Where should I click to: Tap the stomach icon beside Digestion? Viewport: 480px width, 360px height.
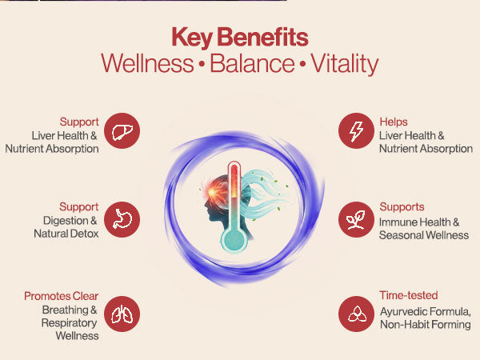coord(122,219)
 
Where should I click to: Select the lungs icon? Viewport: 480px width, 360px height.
coord(122,314)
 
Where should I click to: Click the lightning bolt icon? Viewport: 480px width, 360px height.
coord(356,131)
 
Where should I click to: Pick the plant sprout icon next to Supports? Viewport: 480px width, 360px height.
coord(356,219)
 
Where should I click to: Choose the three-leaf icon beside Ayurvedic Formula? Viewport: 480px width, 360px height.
coord(356,314)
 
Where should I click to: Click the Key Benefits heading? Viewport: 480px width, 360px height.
coord(240,37)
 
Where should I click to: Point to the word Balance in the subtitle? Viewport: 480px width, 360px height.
coord(252,63)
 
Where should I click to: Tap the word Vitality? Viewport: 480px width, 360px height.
coord(345,64)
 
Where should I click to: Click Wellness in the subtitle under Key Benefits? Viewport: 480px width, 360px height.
coord(147,63)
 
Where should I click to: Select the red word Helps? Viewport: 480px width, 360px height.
coord(394,122)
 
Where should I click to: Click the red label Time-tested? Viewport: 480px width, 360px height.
coord(408,295)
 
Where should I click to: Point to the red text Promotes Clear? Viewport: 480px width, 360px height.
coord(62,296)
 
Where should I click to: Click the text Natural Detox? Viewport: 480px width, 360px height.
coord(66,234)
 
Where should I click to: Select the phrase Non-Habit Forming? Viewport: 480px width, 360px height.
coord(426,325)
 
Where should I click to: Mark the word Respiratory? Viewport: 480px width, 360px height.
coord(69,323)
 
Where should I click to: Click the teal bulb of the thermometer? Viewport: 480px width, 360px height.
coord(234,240)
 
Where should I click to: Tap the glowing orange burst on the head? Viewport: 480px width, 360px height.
coord(213,192)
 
